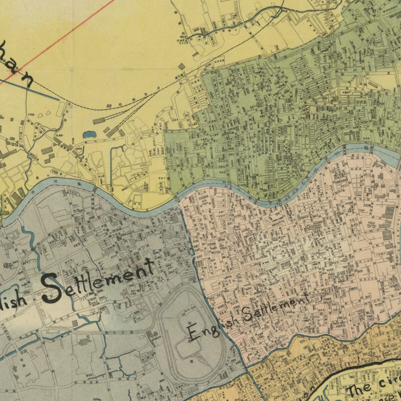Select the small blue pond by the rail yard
tap(89, 135)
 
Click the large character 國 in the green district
tap(335, 99)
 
